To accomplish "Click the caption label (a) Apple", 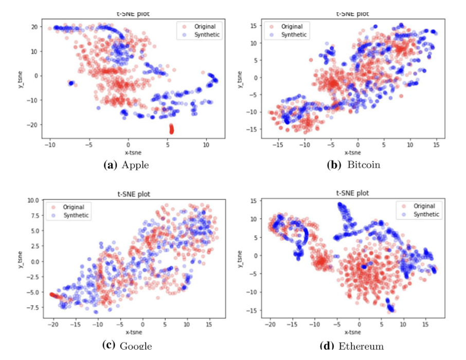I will click(127, 166).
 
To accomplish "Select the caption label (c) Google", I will click(127, 345).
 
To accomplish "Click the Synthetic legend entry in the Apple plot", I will click(205, 35).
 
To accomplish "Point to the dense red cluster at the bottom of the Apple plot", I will click(172, 129).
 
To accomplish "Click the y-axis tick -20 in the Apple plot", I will click(33, 124).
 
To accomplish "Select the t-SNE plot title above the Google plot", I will click(128, 194).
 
